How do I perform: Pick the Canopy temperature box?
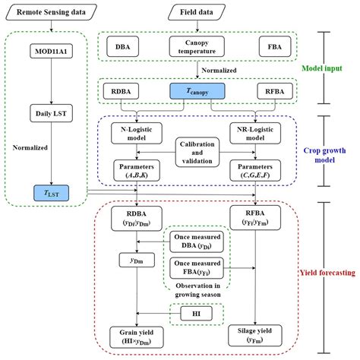(197, 46)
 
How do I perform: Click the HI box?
(196, 312)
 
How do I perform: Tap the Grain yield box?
(137, 336)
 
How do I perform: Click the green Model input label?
(333, 68)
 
